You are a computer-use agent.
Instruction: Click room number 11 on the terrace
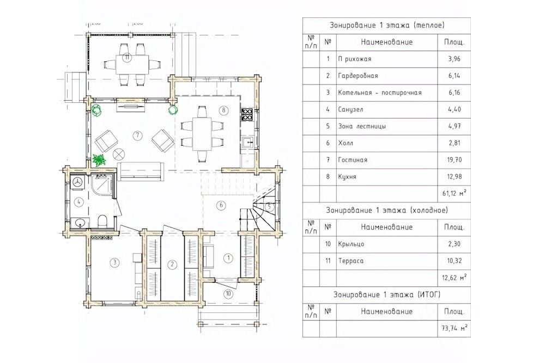127,58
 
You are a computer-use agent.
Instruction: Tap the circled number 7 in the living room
138,135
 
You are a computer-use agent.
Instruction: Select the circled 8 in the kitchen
223,110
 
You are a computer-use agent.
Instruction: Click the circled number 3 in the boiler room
114,262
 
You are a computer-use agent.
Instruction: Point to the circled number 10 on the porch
228,293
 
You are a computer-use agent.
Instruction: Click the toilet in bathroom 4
102,221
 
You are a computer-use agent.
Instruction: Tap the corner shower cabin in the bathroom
104,187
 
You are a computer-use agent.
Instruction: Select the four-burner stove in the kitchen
247,114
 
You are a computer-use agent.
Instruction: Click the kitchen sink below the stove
247,142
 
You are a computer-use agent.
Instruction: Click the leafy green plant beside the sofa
100,160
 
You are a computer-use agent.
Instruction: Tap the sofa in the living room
141,171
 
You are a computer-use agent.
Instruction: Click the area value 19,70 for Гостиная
455,160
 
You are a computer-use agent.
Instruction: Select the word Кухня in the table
347,177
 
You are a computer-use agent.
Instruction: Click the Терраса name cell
350,261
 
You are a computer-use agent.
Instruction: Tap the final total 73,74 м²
455,328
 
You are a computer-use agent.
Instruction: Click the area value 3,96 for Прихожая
455,59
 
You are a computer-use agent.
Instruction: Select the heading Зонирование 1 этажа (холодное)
387,210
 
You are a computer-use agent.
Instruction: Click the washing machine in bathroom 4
77,183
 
